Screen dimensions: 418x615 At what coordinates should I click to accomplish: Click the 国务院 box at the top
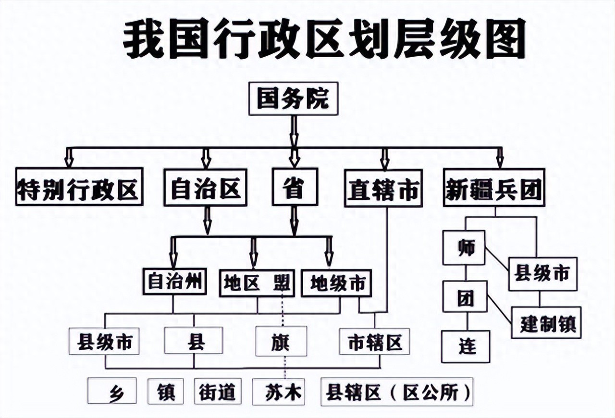point(293,99)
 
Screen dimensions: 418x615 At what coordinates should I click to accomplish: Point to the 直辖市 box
point(383,188)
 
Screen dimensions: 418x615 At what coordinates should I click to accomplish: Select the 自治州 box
point(175,281)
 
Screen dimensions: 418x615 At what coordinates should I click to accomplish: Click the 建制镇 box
point(546,322)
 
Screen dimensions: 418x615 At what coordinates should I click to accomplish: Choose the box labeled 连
point(466,346)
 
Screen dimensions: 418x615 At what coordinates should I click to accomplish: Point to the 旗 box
point(281,341)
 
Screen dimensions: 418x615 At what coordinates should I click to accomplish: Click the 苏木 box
point(278,392)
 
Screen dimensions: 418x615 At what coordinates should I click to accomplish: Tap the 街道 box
point(217,392)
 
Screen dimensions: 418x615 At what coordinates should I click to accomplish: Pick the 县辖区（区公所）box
point(397,392)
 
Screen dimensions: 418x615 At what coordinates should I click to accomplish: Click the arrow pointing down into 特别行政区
point(69,157)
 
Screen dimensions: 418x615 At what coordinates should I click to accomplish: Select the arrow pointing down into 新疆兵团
point(500,157)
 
